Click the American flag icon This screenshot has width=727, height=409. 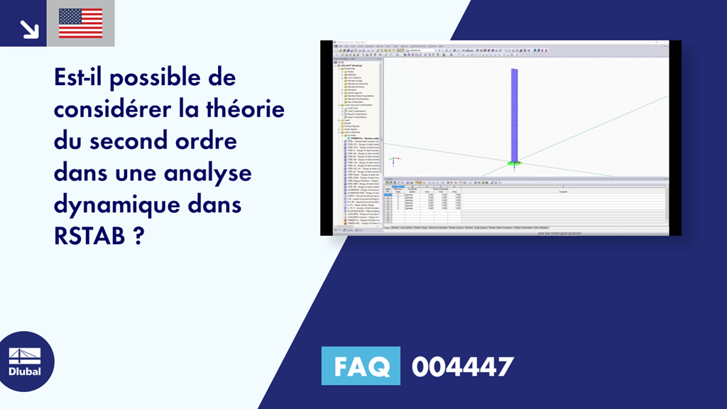80,23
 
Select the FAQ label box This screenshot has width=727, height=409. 361,366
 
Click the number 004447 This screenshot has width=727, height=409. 462,367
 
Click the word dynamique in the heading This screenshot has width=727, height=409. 114,205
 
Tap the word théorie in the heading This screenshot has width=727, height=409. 243,110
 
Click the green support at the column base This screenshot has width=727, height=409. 513,164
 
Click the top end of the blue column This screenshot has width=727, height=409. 513,70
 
